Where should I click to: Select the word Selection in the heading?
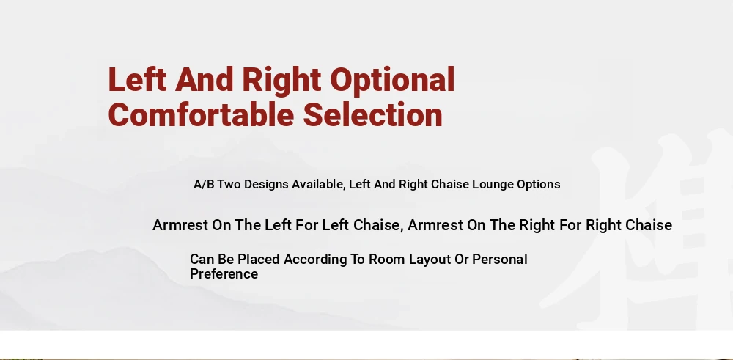pyautogui.click(x=372, y=114)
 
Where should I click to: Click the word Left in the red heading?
pyautogui.click(x=137, y=79)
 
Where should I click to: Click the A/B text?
pyautogui.click(x=204, y=184)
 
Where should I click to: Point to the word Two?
pyautogui.click(x=229, y=184)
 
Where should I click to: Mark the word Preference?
pyautogui.click(x=224, y=274)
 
